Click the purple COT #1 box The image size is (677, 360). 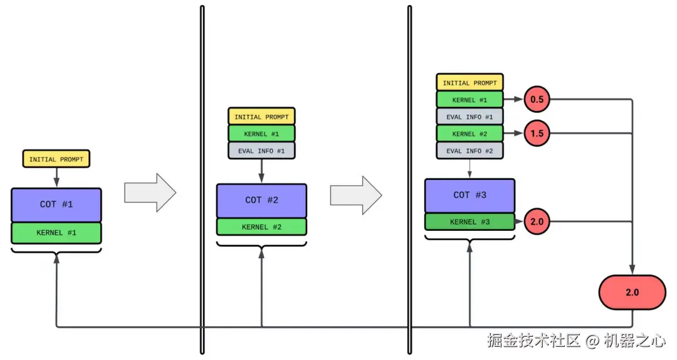[56, 204]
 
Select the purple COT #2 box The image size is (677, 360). [261, 200]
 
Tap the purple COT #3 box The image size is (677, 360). [470, 195]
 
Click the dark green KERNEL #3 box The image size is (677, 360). [470, 221]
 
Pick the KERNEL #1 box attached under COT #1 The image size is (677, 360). [56, 233]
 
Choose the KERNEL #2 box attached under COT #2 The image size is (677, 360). [261, 227]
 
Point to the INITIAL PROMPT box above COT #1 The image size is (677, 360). [56, 159]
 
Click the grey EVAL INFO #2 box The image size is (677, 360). [470, 151]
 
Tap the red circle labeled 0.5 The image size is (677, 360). [537, 100]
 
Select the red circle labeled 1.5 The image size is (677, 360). [537, 134]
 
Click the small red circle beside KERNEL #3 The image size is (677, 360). [537, 221]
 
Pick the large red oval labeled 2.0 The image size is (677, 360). [632, 292]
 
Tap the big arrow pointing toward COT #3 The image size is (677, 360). [355, 195]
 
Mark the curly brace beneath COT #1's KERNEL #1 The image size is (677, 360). [56, 251]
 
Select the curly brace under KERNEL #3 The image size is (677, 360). [470, 239]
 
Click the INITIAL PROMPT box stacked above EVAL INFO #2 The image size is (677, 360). [470, 83]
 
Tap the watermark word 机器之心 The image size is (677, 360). [634, 341]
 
